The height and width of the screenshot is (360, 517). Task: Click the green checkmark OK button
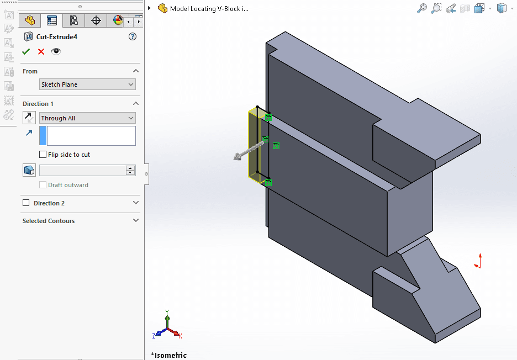tap(26, 51)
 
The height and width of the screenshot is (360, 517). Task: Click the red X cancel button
tap(41, 51)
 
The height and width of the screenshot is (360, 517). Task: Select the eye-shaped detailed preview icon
tap(56, 51)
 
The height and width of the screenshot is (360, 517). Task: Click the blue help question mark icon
tap(132, 37)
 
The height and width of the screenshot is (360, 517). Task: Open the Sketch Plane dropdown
tap(87, 84)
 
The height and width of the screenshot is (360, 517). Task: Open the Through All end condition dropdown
tap(87, 118)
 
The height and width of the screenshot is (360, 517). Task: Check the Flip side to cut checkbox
tap(43, 155)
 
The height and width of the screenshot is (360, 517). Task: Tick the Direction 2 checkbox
tap(26, 203)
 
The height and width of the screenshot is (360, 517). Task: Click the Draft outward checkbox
tap(43, 185)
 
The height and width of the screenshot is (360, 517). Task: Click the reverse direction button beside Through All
tap(29, 118)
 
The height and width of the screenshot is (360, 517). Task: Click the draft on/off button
tap(29, 170)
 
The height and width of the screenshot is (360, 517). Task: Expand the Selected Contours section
tap(136, 221)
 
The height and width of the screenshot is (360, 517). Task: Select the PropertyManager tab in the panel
tap(52, 21)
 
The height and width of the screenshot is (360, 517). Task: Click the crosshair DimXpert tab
tap(96, 21)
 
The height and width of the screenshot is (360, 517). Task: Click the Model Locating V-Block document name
tap(209, 9)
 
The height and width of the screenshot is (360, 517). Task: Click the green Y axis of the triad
tap(167, 318)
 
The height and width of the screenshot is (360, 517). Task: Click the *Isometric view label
tap(169, 355)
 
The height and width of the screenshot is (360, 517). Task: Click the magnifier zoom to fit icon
tap(421, 8)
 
